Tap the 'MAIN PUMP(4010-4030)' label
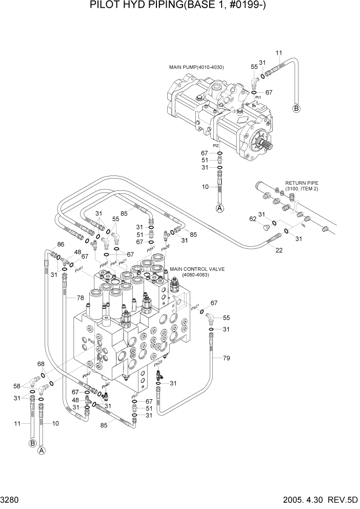(196, 67)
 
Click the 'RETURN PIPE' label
(299, 182)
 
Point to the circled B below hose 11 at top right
(296, 108)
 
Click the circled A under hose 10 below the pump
(219, 208)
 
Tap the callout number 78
(80, 298)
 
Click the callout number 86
(61, 244)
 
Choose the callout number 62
(253, 219)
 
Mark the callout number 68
(41, 365)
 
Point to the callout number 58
(16, 385)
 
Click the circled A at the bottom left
(42, 451)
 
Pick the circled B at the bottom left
(32, 443)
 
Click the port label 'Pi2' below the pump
(217, 146)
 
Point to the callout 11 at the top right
(279, 53)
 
